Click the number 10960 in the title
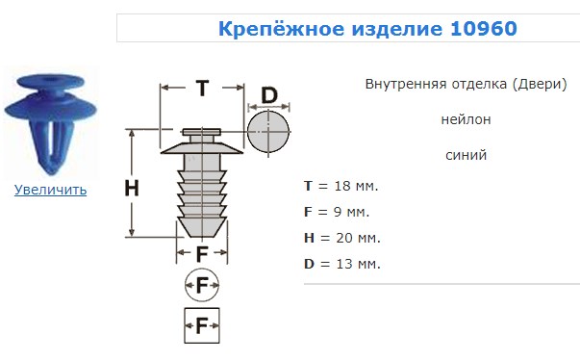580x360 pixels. [484, 29]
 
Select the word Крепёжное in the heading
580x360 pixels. [281, 28]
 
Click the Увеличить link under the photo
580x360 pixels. [50, 190]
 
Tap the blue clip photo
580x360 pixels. [50, 123]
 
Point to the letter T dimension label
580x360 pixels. [202, 89]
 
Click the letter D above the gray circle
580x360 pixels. [269, 95]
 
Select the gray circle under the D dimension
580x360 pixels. [268, 131]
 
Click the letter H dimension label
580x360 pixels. [132, 188]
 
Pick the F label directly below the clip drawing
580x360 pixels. [202, 254]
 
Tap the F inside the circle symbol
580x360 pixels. [202, 285]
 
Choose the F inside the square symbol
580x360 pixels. [202, 326]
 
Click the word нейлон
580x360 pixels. [467, 119]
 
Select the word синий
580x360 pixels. [467, 155]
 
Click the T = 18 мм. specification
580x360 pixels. [341, 186]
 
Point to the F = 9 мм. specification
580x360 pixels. [337, 212]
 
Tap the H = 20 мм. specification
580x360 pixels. [342, 238]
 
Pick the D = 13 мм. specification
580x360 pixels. [342, 264]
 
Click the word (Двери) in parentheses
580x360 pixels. [540, 84]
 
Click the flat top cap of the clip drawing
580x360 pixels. [202, 132]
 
